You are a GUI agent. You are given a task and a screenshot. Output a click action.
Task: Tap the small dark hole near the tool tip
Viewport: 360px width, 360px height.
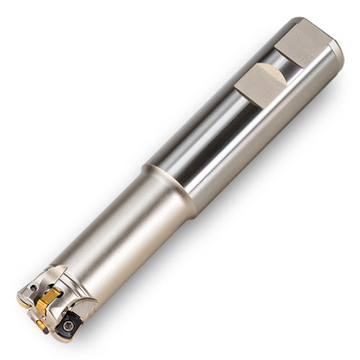[32, 289]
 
